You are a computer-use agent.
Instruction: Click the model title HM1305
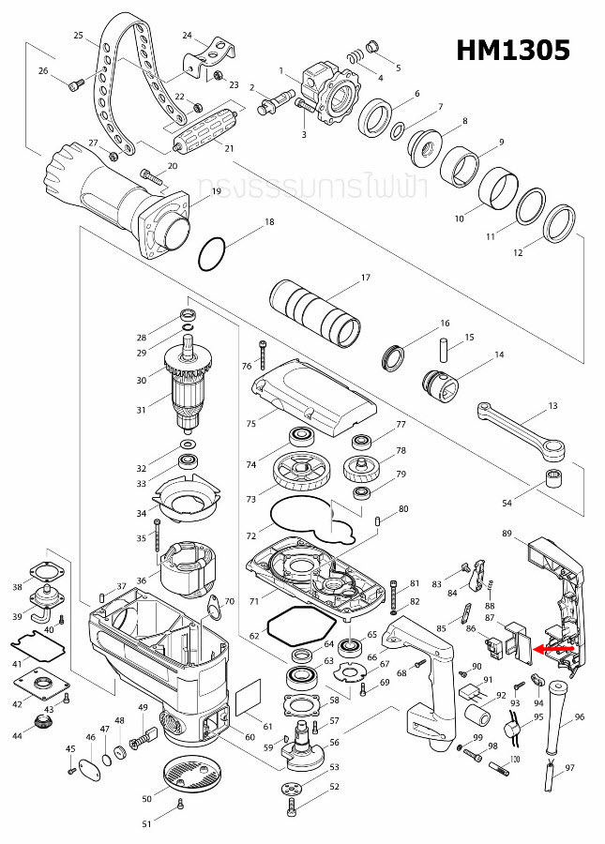512,51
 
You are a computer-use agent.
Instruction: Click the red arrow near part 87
553,648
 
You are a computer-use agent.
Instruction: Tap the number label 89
507,534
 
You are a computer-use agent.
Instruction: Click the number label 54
507,504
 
